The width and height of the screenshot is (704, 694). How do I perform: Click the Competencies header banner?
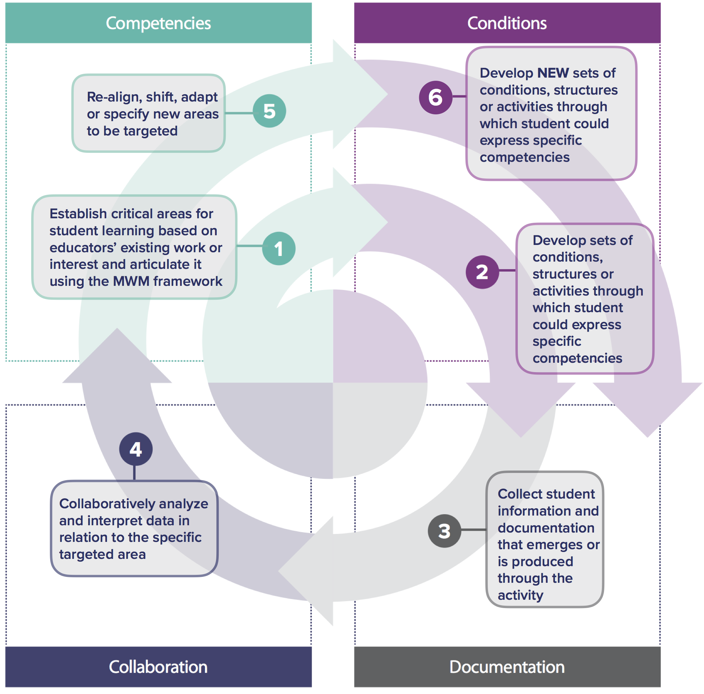click(158, 23)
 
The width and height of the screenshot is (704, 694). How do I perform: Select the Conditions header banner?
click(507, 23)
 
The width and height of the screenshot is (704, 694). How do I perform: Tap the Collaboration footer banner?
click(158, 666)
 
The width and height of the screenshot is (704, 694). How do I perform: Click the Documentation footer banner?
click(507, 666)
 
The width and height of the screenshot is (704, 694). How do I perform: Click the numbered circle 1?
click(278, 248)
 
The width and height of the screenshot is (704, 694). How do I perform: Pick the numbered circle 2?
click(481, 272)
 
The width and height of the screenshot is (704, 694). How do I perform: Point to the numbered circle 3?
click(444, 531)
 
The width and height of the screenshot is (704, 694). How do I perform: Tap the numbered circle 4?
click(135, 449)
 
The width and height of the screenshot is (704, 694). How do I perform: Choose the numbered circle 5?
click(269, 111)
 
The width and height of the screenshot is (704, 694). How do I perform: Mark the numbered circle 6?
click(435, 97)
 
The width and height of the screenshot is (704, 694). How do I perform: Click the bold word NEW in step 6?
click(552, 73)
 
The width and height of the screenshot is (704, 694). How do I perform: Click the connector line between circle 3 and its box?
click(473, 530)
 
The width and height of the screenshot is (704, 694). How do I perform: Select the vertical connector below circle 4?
click(134, 473)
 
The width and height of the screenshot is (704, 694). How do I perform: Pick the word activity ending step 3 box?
click(520, 596)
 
